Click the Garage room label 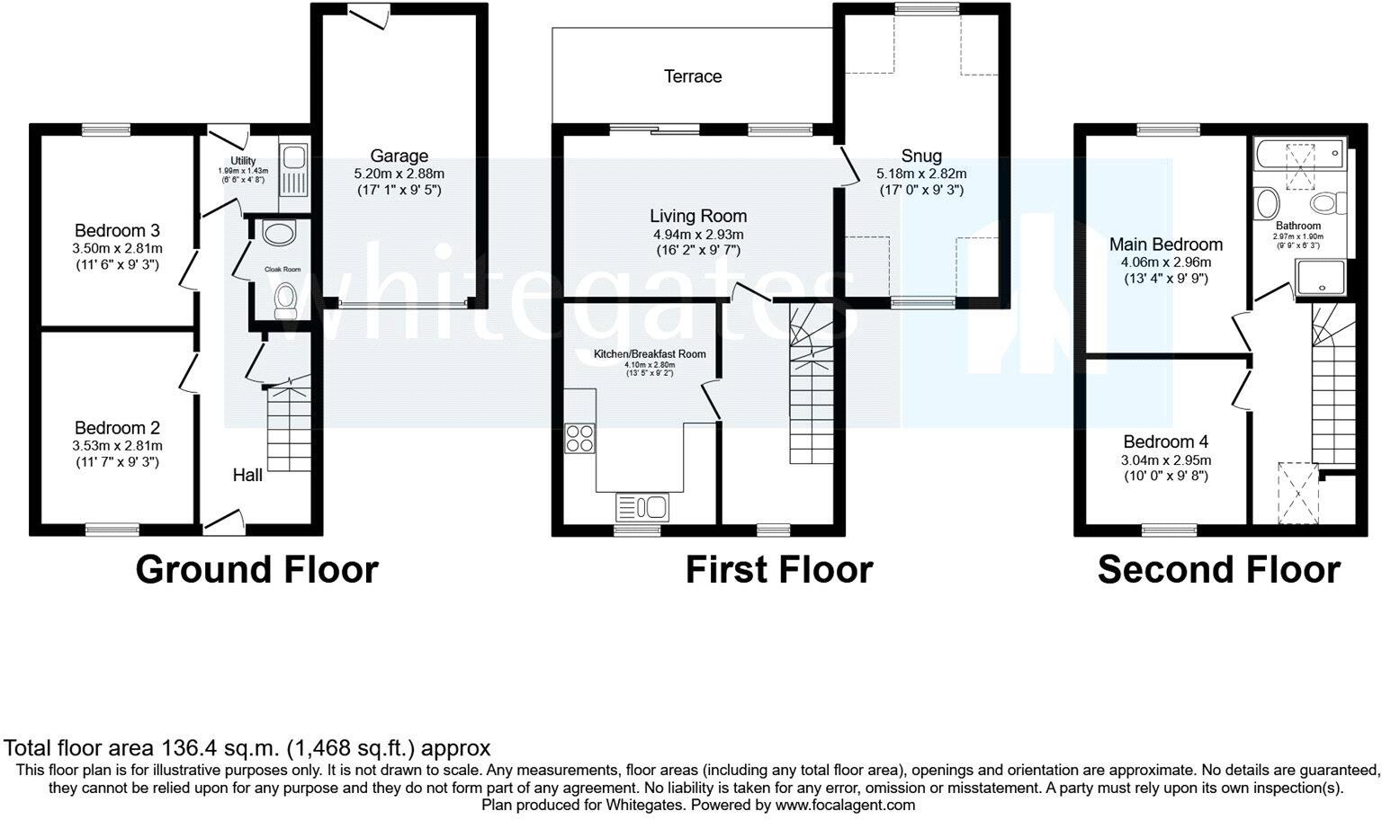[x=399, y=156]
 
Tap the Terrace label [x=693, y=76]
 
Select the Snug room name [x=921, y=156]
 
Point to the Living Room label [x=698, y=216]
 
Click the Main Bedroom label [x=1165, y=244]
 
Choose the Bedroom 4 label [x=1165, y=441]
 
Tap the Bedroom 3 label [x=117, y=230]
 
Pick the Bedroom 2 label [x=117, y=428]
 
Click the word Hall [x=247, y=475]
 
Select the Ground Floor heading [x=256, y=570]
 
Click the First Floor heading [x=778, y=570]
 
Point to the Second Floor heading [x=1218, y=570]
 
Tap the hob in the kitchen [x=579, y=437]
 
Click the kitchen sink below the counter [x=642, y=507]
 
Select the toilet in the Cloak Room [x=285, y=299]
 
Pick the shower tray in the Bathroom [x=1320, y=277]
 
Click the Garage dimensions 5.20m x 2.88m [x=399, y=174]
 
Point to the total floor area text [x=247, y=747]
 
